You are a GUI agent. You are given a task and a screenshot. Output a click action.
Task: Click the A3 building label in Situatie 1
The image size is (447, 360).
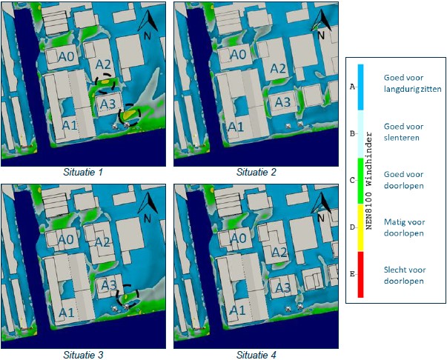(x=107, y=104)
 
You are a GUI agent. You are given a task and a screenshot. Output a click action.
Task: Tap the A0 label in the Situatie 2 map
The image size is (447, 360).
(x=238, y=54)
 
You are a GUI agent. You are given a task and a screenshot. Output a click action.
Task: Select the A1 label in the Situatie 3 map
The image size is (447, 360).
(x=67, y=313)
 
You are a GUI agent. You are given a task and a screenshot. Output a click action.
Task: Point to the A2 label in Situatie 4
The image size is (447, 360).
(x=279, y=252)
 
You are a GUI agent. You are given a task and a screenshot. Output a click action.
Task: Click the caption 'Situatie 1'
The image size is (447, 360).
(x=83, y=172)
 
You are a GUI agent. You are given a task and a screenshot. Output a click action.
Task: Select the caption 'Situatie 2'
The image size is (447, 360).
(x=256, y=172)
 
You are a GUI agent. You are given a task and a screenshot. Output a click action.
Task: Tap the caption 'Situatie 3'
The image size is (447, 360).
(x=83, y=355)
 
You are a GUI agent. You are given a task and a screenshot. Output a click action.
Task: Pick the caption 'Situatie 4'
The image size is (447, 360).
(x=256, y=355)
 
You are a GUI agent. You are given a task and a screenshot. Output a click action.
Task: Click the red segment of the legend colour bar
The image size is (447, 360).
(x=360, y=275)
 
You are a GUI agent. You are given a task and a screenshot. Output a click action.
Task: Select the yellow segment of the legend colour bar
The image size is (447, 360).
(x=360, y=228)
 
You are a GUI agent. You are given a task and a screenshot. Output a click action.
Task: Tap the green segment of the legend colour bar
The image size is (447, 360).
(x=360, y=181)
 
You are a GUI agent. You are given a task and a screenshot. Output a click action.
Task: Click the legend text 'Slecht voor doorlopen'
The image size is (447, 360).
(x=405, y=276)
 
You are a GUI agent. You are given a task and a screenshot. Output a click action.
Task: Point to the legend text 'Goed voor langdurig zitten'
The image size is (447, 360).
(x=412, y=84)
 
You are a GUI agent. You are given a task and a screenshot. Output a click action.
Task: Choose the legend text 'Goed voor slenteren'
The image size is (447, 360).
(x=403, y=132)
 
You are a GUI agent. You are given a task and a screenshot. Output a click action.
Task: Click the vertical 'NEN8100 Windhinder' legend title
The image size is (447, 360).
(x=369, y=180)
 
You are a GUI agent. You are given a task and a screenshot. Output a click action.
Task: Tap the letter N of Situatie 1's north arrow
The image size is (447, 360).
(x=147, y=36)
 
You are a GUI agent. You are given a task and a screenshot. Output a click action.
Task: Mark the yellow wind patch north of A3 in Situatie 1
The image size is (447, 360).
(x=105, y=82)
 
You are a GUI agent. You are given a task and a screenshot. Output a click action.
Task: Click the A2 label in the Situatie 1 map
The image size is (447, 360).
(x=103, y=64)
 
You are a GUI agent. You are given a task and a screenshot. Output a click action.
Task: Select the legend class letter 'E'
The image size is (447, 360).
(x=352, y=274)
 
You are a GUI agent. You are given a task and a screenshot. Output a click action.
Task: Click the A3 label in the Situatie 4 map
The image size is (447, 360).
(x=282, y=287)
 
